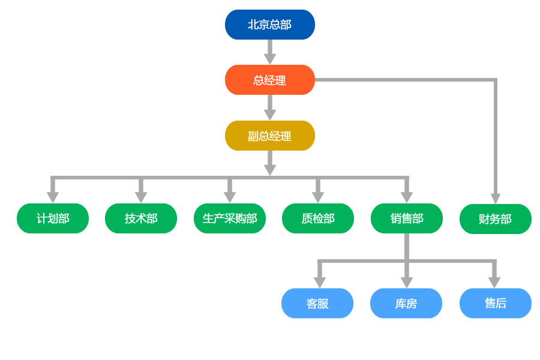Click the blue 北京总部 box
pos(270,25)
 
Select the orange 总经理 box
pos(270,80)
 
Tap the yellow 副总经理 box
pos(270,136)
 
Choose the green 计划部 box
pos(53,218)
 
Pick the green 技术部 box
pos(141,218)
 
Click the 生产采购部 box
pos(230,218)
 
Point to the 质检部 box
pos(318,218)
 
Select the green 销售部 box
pos(407,218)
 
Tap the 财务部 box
pos(496,219)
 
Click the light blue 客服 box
pos(317,304)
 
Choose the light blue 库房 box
pos(406,304)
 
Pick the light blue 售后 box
pos(496,304)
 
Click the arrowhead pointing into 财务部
pos(496,198)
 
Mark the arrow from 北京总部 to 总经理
pos(270,52)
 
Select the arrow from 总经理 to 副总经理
pos(270,108)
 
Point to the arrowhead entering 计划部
pos(53,197)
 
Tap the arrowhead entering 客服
pos(320,282)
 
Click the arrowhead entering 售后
pos(494,282)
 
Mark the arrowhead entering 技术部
pos(141,197)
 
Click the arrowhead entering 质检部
pos(318,197)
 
